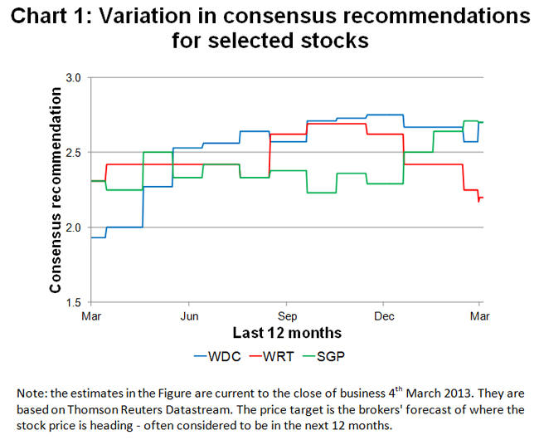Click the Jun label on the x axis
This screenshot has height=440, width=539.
(x=189, y=316)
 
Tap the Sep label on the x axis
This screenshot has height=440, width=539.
(x=287, y=316)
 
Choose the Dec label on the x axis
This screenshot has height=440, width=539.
(x=383, y=316)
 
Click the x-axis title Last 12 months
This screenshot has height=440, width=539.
(x=286, y=333)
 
